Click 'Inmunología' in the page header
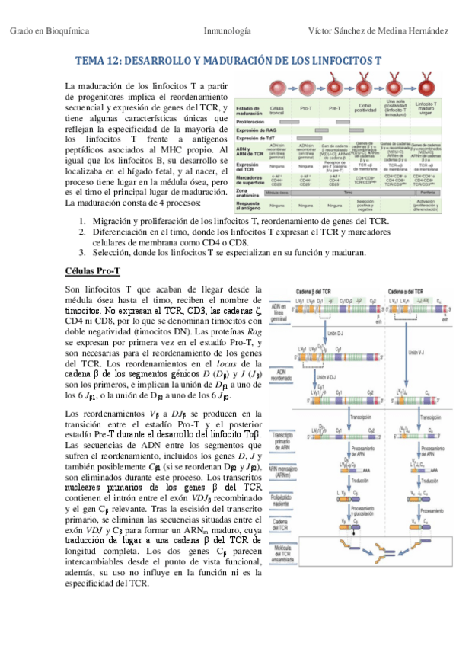(x=228, y=31)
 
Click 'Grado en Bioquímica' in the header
(x=50, y=31)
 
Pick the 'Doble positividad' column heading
(x=362, y=109)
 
